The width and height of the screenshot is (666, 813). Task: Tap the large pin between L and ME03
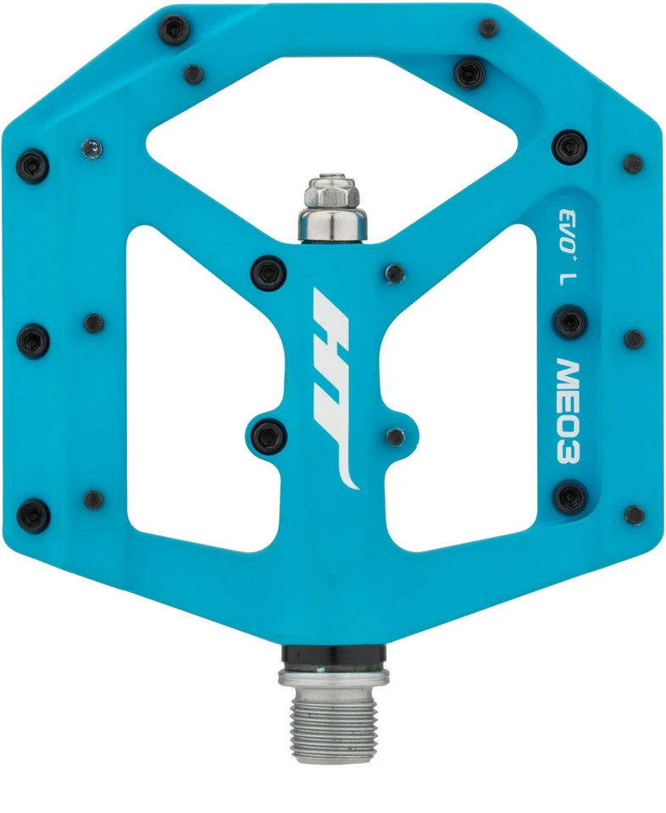[x=569, y=322]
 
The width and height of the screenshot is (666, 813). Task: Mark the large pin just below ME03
[x=569, y=496]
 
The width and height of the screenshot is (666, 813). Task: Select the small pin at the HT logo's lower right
[x=395, y=436]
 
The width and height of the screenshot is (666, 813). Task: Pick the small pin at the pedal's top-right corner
[x=488, y=28]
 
